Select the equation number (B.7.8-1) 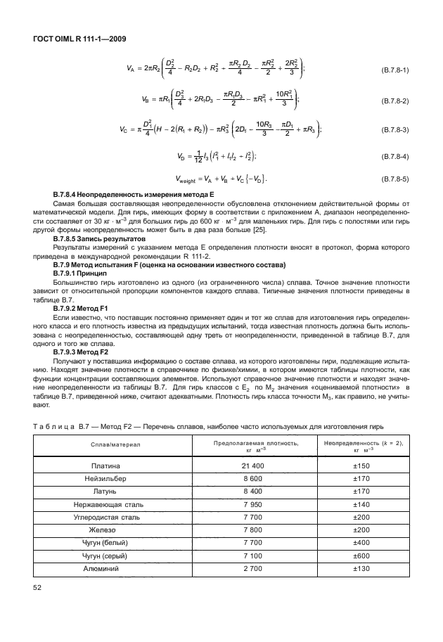pyautogui.click(x=394, y=71)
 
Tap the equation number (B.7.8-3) pyautogui.click(x=394, y=131)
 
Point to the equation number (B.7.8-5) pyautogui.click(x=394, y=180)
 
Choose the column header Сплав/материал pyautogui.click(x=115, y=444)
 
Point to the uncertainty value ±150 pyautogui.click(x=361, y=466)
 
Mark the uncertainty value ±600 pyautogui.click(x=361, y=555)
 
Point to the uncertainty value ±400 pyautogui.click(x=361, y=542)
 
